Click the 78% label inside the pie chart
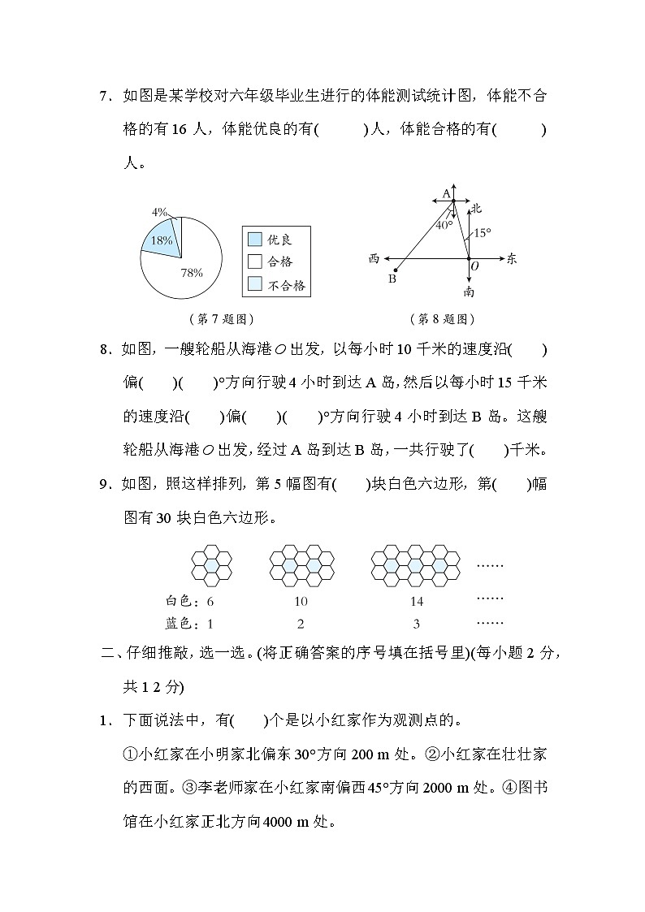(x=191, y=273)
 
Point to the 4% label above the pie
(x=159, y=212)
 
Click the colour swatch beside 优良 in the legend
(x=255, y=240)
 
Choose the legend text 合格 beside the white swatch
(x=280, y=261)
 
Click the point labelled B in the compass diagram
(x=395, y=271)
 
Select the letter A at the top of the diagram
(x=445, y=193)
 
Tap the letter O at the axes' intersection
(x=474, y=266)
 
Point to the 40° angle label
(x=444, y=225)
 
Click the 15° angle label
(x=483, y=232)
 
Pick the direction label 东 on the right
(x=511, y=259)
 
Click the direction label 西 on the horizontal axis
(x=374, y=259)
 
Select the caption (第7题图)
(x=214, y=319)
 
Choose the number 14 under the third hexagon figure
(x=417, y=602)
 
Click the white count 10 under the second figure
(x=301, y=602)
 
